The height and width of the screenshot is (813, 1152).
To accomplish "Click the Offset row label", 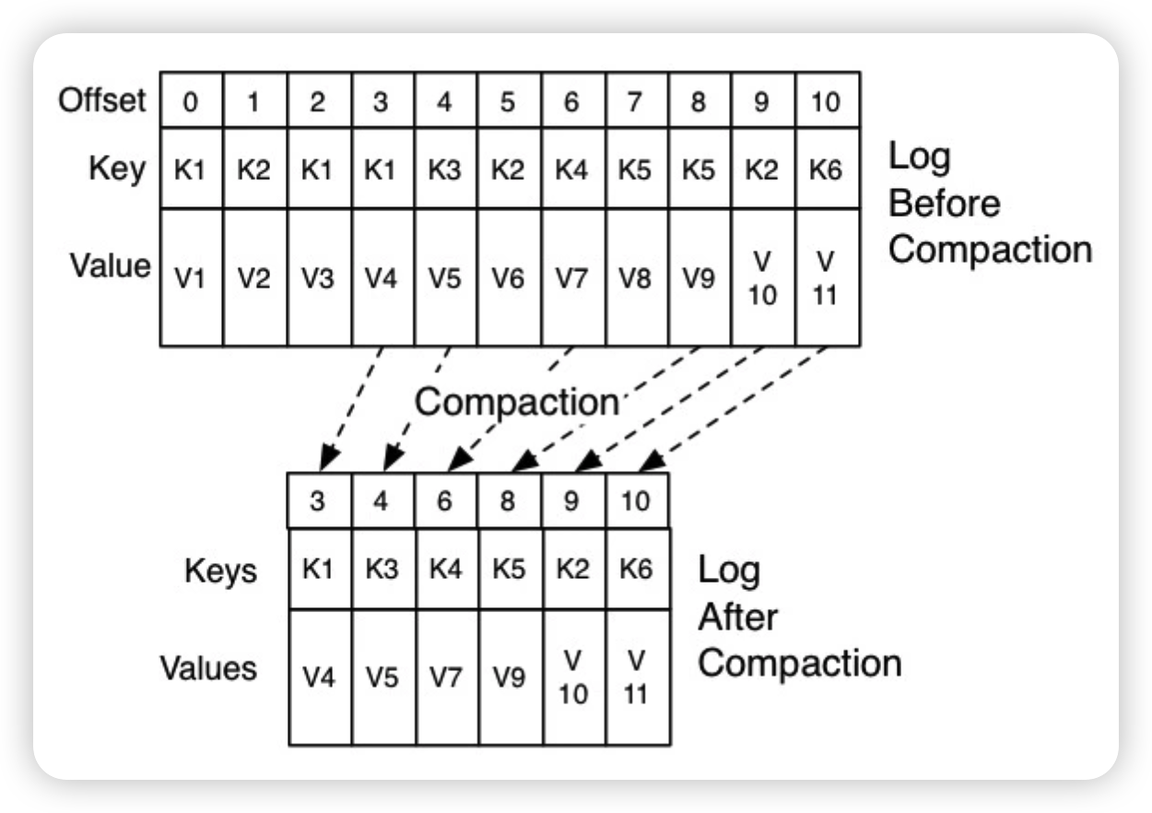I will (x=101, y=100).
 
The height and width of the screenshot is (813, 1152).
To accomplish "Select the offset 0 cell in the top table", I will (x=190, y=100).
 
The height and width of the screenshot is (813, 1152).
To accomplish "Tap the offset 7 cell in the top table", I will (x=634, y=100).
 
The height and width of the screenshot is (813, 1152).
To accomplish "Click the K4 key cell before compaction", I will (x=571, y=171).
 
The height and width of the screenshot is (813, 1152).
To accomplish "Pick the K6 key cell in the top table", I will (x=826, y=171).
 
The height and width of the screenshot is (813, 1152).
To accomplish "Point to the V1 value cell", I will (x=190, y=278).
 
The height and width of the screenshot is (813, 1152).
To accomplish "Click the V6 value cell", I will (x=508, y=278).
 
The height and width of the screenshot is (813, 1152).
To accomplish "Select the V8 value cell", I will (x=634, y=278).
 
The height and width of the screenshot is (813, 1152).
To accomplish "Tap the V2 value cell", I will (x=253, y=278).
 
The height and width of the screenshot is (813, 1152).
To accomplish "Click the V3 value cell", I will (x=317, y=278).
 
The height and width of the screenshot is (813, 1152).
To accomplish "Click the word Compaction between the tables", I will (x=516, y=402).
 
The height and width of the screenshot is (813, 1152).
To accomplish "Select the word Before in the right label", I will (x=944, y=203).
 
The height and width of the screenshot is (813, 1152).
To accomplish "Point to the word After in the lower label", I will (x=738, y=617).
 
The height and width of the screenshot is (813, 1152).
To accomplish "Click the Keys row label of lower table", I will (x=220, y=571).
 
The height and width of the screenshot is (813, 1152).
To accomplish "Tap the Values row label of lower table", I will (x=208, y=667).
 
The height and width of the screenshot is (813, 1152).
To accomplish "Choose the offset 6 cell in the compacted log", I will (x=444, y=501).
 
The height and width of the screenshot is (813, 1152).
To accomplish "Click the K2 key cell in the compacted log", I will (x=572, y=569).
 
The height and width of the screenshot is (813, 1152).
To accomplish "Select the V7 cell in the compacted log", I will (x=444, y=677).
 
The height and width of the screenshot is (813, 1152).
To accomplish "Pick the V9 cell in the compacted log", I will (x=508, y=677).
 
